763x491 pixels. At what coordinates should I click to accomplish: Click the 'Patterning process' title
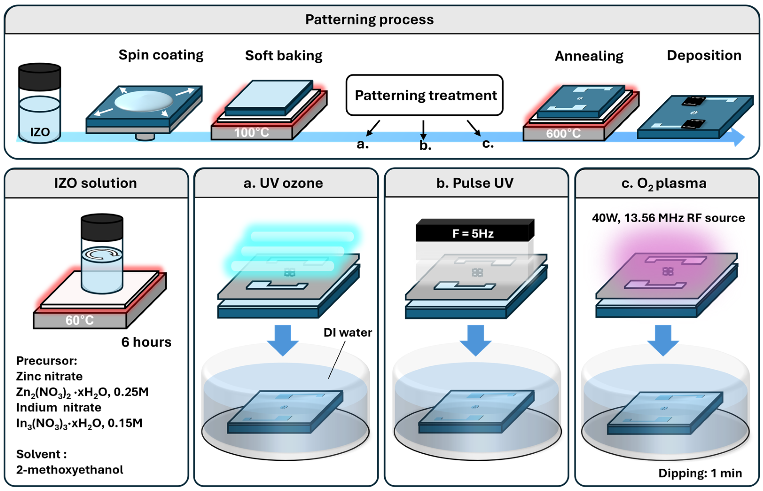pos(369,20)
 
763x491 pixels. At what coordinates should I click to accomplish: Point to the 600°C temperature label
pos(563,134)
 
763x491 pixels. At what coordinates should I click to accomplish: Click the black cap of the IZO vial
pos(39,76)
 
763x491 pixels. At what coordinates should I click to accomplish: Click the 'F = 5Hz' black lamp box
pos(473,233)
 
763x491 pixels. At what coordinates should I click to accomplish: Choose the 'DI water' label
pos(348,333)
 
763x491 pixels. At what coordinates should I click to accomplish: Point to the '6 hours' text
pos(146,342)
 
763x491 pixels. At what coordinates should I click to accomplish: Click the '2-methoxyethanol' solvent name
pos(69,470)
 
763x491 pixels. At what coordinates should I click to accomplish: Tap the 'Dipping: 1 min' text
pos(700,473)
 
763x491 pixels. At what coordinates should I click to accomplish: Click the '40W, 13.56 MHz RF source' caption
pos(668,218)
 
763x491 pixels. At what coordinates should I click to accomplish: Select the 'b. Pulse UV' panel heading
pos(475,183)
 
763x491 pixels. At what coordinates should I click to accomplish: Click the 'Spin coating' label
pos(161,55)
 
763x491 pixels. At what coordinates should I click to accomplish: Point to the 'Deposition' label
pos(704,55)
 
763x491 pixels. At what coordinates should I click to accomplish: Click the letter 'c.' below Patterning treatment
pos(488,144)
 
